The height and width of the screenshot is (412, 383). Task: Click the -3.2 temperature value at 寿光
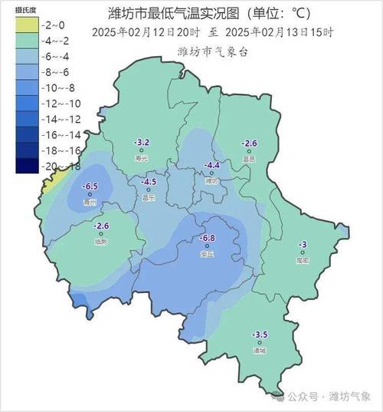click(x=142, y=143)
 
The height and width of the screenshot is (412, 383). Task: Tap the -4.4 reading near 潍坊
click(x=212, y=166)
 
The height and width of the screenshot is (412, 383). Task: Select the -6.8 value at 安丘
click(x=207, y=238)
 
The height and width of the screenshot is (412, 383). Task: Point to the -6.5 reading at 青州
click(x=91, y=186)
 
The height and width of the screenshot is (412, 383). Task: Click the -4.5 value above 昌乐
click(x=149, y=182)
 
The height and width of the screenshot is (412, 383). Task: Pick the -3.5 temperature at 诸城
click(x=260, y=335)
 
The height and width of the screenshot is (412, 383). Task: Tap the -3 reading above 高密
click(x=303, y=244)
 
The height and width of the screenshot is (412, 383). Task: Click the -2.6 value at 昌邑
click(x=249, y=143)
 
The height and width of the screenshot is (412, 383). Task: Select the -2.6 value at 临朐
click(x=102, y=226)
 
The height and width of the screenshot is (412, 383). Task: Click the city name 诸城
click(x=260, y=351)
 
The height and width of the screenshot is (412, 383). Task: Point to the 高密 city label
click(x=303, y=260)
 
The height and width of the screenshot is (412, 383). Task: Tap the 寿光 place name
click(x=141, y=158)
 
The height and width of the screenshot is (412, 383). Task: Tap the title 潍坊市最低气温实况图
click(x=165, y=13)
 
